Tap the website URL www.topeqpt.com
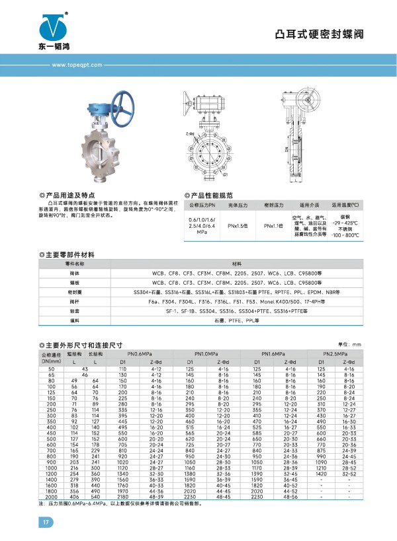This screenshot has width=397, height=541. point(75,65)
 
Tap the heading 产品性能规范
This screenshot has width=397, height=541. point(211,196)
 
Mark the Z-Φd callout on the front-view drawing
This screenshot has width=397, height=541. point(191,133)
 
